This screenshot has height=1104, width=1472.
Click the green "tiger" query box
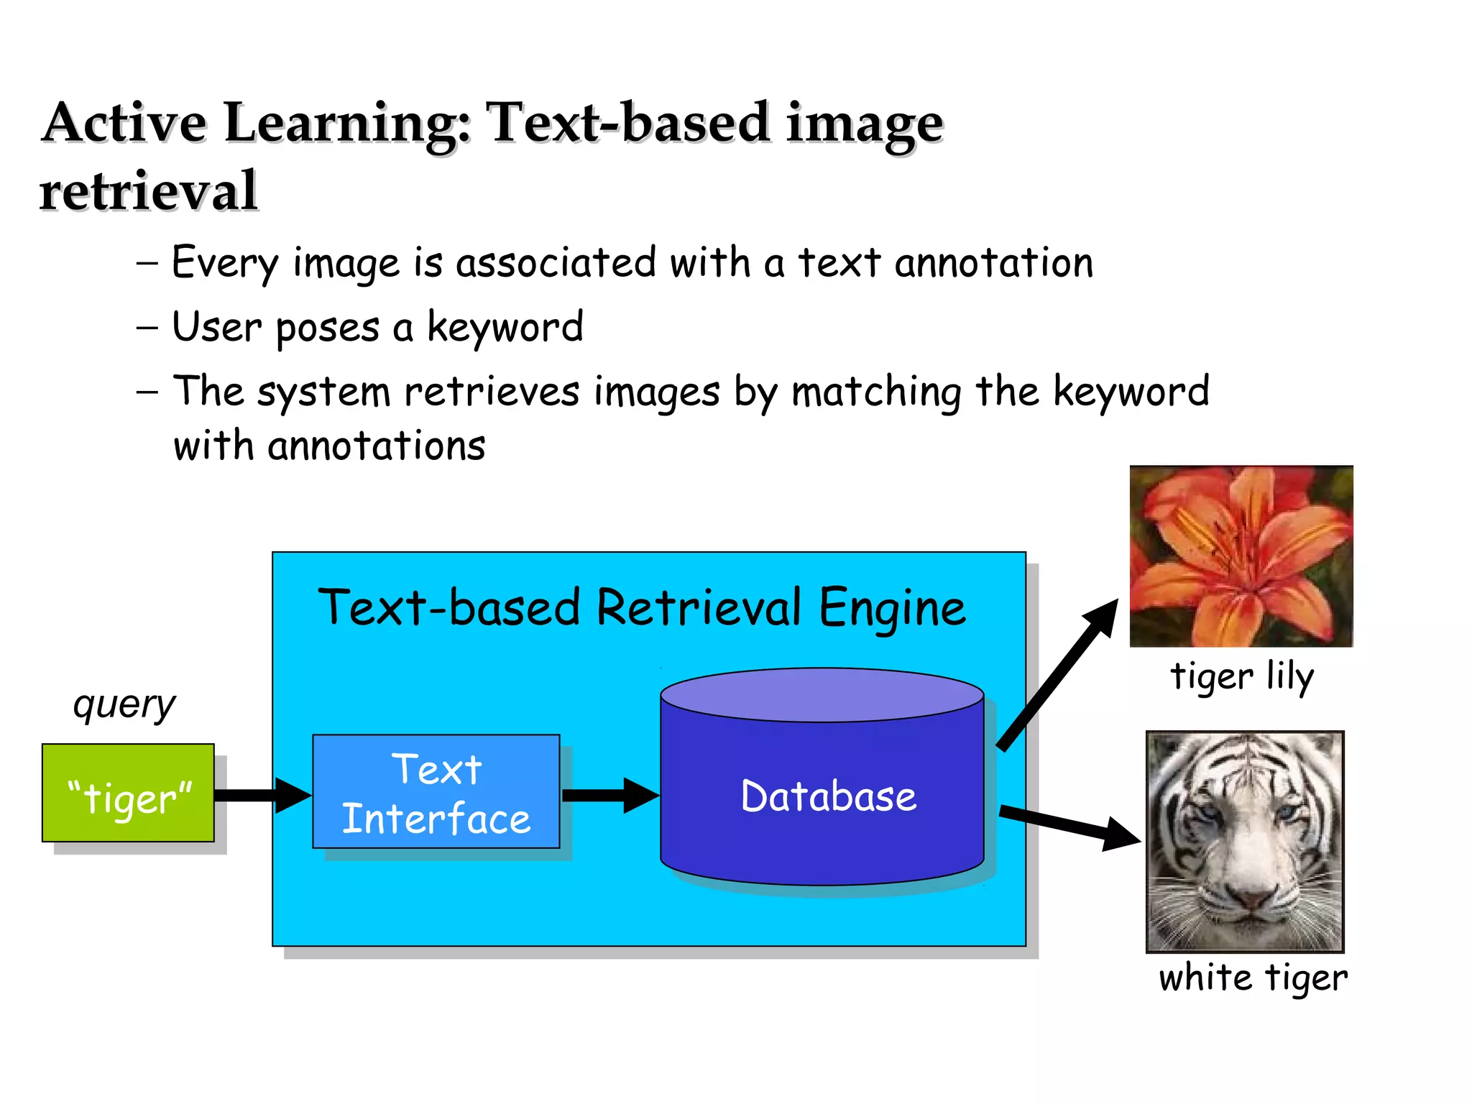tap(128, 793)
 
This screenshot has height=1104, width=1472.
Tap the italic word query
tap(124, 704)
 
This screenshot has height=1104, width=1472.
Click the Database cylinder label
tap(828, 796)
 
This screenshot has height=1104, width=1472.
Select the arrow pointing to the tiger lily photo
tap(1057, 676)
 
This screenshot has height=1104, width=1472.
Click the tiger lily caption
tap(1242, 676)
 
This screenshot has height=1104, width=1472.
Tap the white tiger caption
tap(1253, 978)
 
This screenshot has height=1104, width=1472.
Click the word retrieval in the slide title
tap(149, 191)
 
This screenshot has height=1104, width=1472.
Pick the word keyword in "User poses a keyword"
tap(505, 327)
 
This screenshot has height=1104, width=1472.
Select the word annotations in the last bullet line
tap(376, 446)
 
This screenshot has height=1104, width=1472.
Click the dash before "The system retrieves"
tap(147, 392)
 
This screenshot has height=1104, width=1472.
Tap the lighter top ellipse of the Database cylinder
tap(822, 694)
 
